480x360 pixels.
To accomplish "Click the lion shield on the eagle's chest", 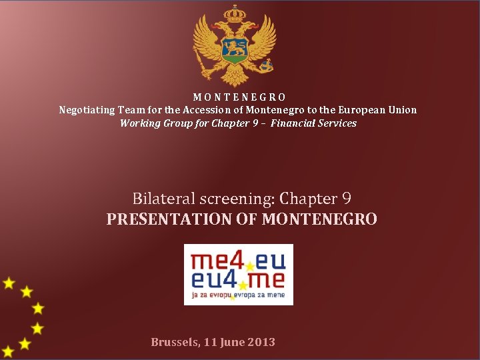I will [x=234, y=47].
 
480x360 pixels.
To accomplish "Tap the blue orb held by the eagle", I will [x=266, y=65].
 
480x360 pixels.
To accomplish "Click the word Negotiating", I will [x=86, y=110].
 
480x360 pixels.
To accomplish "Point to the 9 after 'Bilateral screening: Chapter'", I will [x=346, y=199].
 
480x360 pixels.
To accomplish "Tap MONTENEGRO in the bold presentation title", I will [x=319, y=219].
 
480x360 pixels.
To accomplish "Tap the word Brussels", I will [x=175, y=342].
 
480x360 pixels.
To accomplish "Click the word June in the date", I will [x=232, y=342].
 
